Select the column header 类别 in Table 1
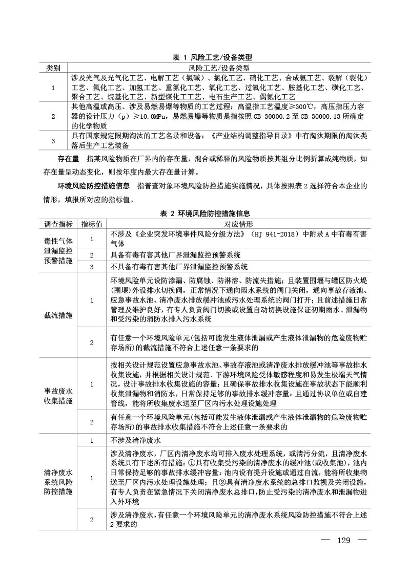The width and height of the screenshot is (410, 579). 53,68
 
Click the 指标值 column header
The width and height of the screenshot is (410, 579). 92,224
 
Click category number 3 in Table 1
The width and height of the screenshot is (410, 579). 53,140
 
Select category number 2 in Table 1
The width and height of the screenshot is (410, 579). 53,117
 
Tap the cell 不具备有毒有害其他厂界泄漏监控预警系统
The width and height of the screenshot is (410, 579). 179,267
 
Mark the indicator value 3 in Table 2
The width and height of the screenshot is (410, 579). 92,267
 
